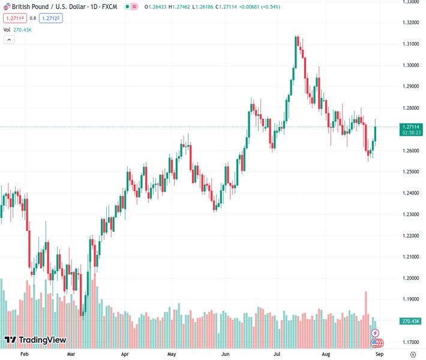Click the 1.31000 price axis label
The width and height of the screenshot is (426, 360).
tap(410, 44)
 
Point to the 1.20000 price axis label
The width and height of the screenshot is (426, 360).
tap(410, 278)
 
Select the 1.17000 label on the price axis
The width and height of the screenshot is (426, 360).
tap(410, 342)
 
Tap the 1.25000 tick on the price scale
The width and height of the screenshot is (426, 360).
tap(410, 172)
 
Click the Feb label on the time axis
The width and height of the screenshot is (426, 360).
tap(25, 355)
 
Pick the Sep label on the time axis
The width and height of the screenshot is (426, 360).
tap(379, 355)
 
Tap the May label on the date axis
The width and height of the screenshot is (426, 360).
tap(172, 355)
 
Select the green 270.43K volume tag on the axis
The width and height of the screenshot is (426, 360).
tap(411, 322)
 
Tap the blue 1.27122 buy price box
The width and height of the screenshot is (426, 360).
tap(52, 18)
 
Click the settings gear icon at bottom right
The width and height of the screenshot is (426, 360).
tap(413, 355)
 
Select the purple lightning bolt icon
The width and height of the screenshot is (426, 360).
tap(376, 332)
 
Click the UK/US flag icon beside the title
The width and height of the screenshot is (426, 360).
tap(5, 7)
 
